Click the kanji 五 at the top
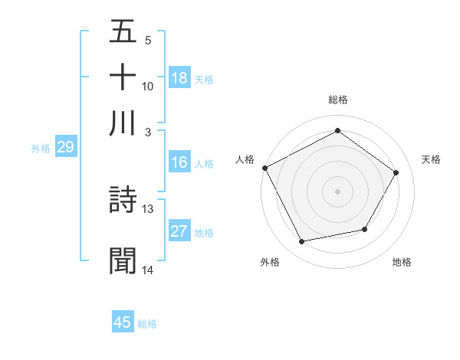(x=123, y=33)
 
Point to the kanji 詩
(x=123, y=201)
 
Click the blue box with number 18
(x=179, y=77)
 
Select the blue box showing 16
(x=179, y=162)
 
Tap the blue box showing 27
(x=179, y=231)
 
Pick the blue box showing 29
(x=65, y=147)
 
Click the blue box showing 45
(x=123, y=322)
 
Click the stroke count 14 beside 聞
(x=148, y=270)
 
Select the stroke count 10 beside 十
(x=148, y=86)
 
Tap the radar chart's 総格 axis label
(x=337, y=100)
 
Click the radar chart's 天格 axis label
(x=431, y=159)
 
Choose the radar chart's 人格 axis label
(x=245, y=159)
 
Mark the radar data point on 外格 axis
(x=302, y=241)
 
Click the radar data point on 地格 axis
(x=365, y=229)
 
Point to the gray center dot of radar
(x=337, y=191)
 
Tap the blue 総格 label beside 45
(x=147, y=324)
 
